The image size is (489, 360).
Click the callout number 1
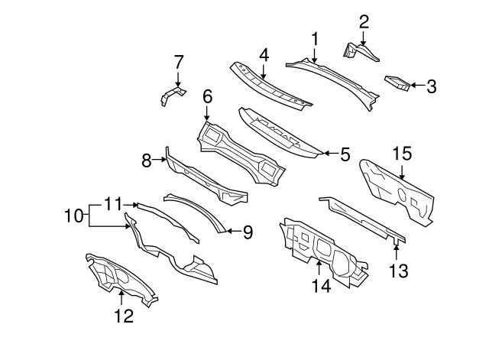pyautogui.click(x=315, y=39)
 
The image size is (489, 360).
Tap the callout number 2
pyautogui.click(x=364, y=22)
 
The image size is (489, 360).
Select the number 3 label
pyautogui.click(x=431, y=86)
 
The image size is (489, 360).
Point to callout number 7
pyautogui.click(x=178, y=62)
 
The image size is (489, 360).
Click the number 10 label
pyautogui.click(x=73, y=216)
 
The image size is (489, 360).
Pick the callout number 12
pyautogui.click(x=124, y=316)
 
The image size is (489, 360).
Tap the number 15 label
pyautogui.click(x=402, y=154)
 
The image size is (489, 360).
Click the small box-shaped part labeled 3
pyautogui.click(x=397, y=83)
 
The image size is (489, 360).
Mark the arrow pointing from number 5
pyautogui.click(x=330, y=153)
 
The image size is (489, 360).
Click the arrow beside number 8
pyautogui.click(x=160, y=160)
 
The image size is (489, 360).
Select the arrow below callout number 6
pyautogui.click(x=207, y=113)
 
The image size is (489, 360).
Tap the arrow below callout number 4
pyautogui.click(x=264, y=72)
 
